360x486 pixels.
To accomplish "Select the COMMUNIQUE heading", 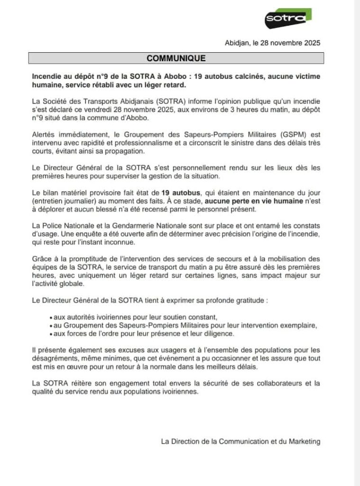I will click(x=176, y=58).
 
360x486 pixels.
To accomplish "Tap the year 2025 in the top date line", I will click(x=311, y=43).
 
